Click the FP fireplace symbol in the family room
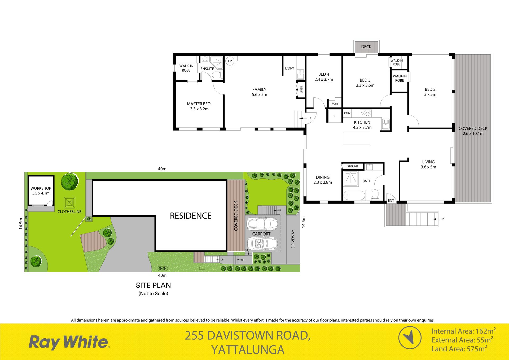click(x=230, y=61)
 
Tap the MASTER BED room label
click(x=199, y=104)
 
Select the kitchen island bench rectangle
click(x=356, y=138)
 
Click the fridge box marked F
click(x=335, y=116)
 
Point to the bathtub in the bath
click(x=354, y=195)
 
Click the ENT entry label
click(x=391, y=201)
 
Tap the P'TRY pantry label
click(x=347, y=113)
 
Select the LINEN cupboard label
click(x=301, y=90)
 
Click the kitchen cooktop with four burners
click(x=366, y=113)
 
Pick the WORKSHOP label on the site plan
click(x=41, y=188)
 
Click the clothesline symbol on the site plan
click(x=70, y=203)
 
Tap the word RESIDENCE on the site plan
click(x=191, y=216)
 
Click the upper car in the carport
click(x=262, y=224)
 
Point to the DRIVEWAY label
click(x=293, y=239)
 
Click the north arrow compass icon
click(x=410, y=338)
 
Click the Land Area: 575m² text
click(x=459, y=349)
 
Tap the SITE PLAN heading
click(x=153, y=285)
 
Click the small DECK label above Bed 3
click(x=366, y=47)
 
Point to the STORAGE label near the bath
click(x=353, y=166)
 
